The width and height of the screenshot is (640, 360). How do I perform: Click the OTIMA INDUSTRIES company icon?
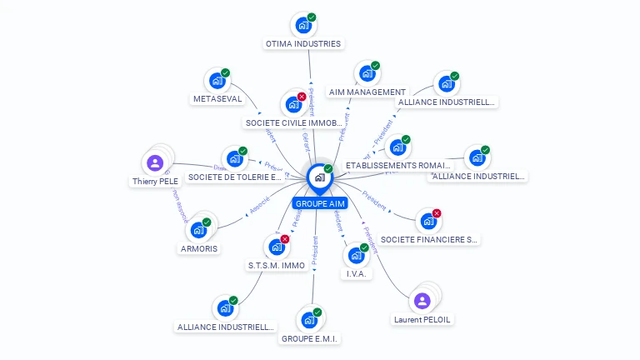point(302,25)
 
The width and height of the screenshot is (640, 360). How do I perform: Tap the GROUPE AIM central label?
point(320,203)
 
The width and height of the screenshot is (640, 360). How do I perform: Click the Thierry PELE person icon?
point(154,162)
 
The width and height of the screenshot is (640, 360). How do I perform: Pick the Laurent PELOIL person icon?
point(422,301)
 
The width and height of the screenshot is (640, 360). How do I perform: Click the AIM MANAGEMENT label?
point(367,92)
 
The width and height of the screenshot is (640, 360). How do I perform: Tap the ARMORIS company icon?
point(198,230)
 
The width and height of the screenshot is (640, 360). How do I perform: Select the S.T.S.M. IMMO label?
point(277,265)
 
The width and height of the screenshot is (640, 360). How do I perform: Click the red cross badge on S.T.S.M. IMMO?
point(285,239)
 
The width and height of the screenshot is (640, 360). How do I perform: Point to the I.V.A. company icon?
point(356,256)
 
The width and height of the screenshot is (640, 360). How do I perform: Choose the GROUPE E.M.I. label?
point(310,338)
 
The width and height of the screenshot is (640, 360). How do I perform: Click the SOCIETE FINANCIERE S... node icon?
point(427,222)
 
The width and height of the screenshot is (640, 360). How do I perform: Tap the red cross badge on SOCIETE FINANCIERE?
point(436,213)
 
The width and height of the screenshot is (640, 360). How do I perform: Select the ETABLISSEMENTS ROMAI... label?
point(397,165)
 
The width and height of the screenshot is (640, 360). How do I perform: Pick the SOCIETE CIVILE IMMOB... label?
point(293,122)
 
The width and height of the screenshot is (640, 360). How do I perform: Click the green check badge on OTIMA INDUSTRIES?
point(311,17)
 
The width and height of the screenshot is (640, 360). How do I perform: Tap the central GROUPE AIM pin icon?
point(319,177)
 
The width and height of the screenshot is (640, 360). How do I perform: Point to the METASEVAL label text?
point(217,98)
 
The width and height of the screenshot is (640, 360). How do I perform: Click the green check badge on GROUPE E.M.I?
point(317,312)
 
